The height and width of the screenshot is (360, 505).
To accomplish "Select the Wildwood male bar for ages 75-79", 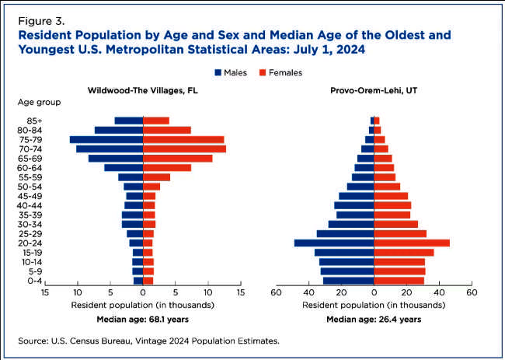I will (106, 140).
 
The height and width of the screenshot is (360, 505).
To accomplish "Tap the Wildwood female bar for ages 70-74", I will (185, 149).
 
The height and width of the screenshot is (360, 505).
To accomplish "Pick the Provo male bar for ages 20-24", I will (334, 243).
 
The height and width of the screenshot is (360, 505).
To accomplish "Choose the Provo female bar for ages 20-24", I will (412, 243).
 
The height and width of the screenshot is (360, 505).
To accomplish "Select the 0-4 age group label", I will (34, 281).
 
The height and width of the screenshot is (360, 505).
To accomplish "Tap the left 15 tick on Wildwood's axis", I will (46, 293).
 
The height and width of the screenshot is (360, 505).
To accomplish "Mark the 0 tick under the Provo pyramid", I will (374, 293).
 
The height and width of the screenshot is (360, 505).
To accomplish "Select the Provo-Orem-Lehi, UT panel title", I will (376, 90).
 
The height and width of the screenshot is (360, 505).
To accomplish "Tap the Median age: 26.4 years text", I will (374, 319).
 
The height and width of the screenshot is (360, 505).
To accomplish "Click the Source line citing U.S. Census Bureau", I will (153, 341).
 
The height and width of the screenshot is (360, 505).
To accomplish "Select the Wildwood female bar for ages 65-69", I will (178, 159).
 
